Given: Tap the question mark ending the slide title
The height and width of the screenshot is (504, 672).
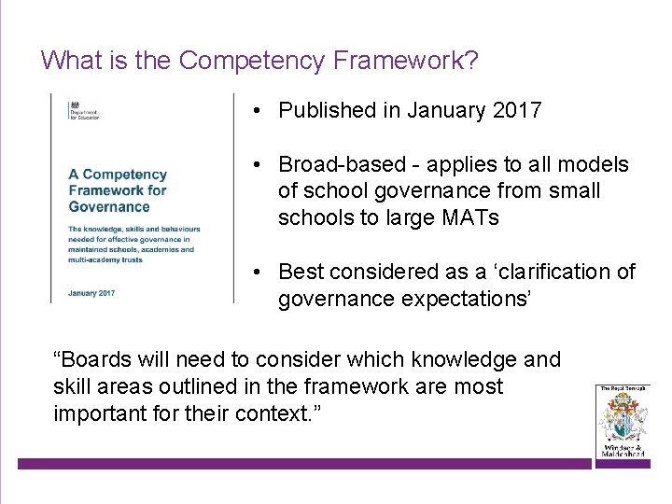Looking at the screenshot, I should point(471,62).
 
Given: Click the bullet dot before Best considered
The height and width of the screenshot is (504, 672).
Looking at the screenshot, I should point(255,273).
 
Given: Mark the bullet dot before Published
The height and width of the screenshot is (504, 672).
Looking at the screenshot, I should point(255,110).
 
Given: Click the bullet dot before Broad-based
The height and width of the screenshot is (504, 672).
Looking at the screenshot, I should point(255,165).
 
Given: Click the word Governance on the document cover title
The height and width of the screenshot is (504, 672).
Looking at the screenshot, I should point(109,207).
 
